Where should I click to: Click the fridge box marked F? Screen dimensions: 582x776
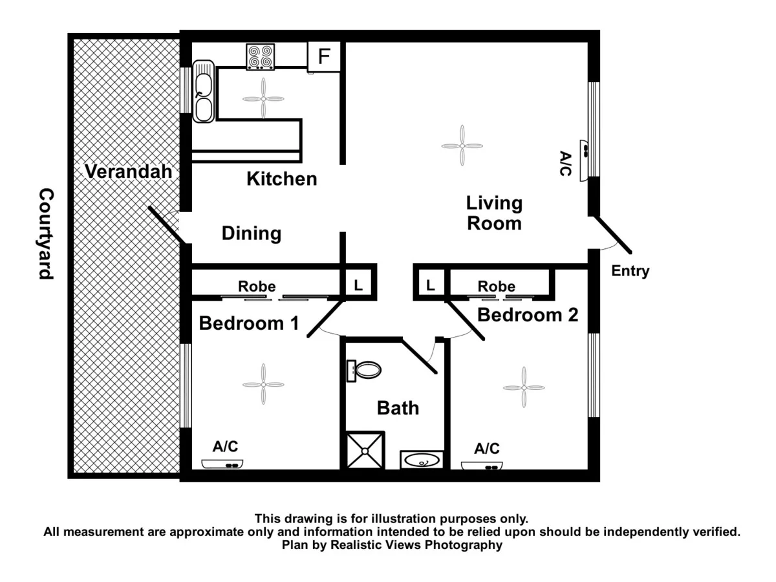324,57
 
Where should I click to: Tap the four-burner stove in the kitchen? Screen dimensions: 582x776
260,56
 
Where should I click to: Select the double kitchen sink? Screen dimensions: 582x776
203,92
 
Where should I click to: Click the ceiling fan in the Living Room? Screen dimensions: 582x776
462,146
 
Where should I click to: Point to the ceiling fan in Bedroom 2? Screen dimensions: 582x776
523,387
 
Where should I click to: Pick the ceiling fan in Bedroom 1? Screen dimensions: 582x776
263,384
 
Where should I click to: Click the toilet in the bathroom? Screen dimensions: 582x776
365,371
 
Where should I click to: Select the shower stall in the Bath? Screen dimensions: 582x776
365,450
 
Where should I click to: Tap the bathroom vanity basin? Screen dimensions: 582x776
422,460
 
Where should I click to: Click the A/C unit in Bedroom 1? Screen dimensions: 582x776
222,464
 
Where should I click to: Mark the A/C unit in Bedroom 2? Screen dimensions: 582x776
482,466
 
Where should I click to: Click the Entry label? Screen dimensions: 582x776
630,272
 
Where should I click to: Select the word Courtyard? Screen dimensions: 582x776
45,233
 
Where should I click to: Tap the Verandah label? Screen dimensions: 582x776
129,172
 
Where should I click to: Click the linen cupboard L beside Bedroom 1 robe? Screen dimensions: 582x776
358,285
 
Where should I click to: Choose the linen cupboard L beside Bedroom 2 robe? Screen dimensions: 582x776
430,285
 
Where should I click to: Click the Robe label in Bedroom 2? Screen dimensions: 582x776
497,286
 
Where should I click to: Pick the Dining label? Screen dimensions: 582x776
252,233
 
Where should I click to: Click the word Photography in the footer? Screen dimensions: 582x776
462,545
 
